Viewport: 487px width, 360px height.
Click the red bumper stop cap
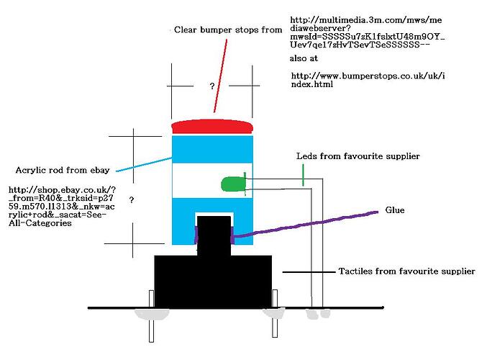click(212, 127)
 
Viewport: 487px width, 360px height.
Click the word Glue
click(394, 210)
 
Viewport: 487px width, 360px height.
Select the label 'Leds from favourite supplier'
click(358, 156)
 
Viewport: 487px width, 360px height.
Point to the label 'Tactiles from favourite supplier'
click(406, 271)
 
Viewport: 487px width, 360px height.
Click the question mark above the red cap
click(212, 86)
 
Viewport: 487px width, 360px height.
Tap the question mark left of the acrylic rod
click(132, 198)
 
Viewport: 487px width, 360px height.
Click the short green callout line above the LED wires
click(304, 174)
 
